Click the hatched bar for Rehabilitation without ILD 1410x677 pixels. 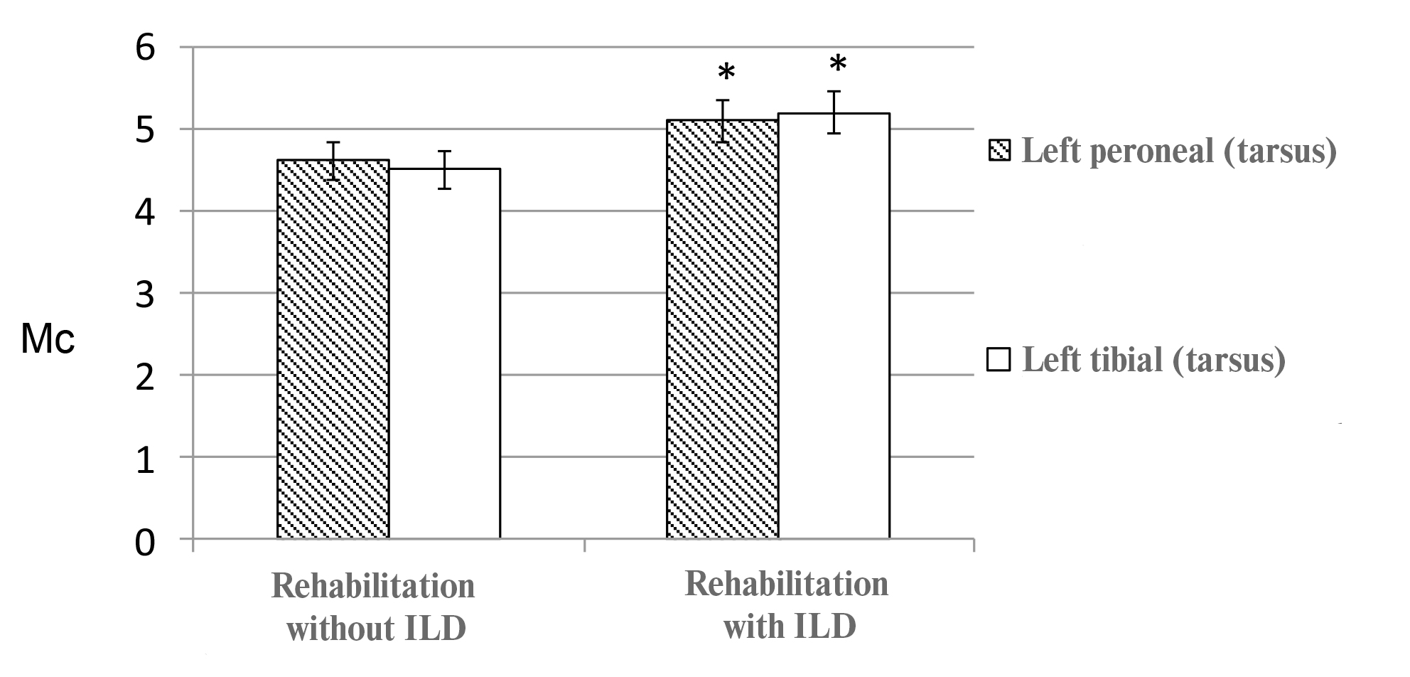(x=333, y=348)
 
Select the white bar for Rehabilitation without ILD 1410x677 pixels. (x=444, y=353)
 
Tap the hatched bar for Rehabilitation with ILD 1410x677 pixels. (x=722, y=329)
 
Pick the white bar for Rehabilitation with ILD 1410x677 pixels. (x=834, y=326)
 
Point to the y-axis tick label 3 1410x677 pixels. (x=144, y=294)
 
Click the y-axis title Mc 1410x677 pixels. (x=48, y=340)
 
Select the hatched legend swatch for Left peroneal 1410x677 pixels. (x=999, y=151)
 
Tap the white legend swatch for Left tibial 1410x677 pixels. (x=999, y=359)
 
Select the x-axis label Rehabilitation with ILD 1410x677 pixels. (x=787, y=605)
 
